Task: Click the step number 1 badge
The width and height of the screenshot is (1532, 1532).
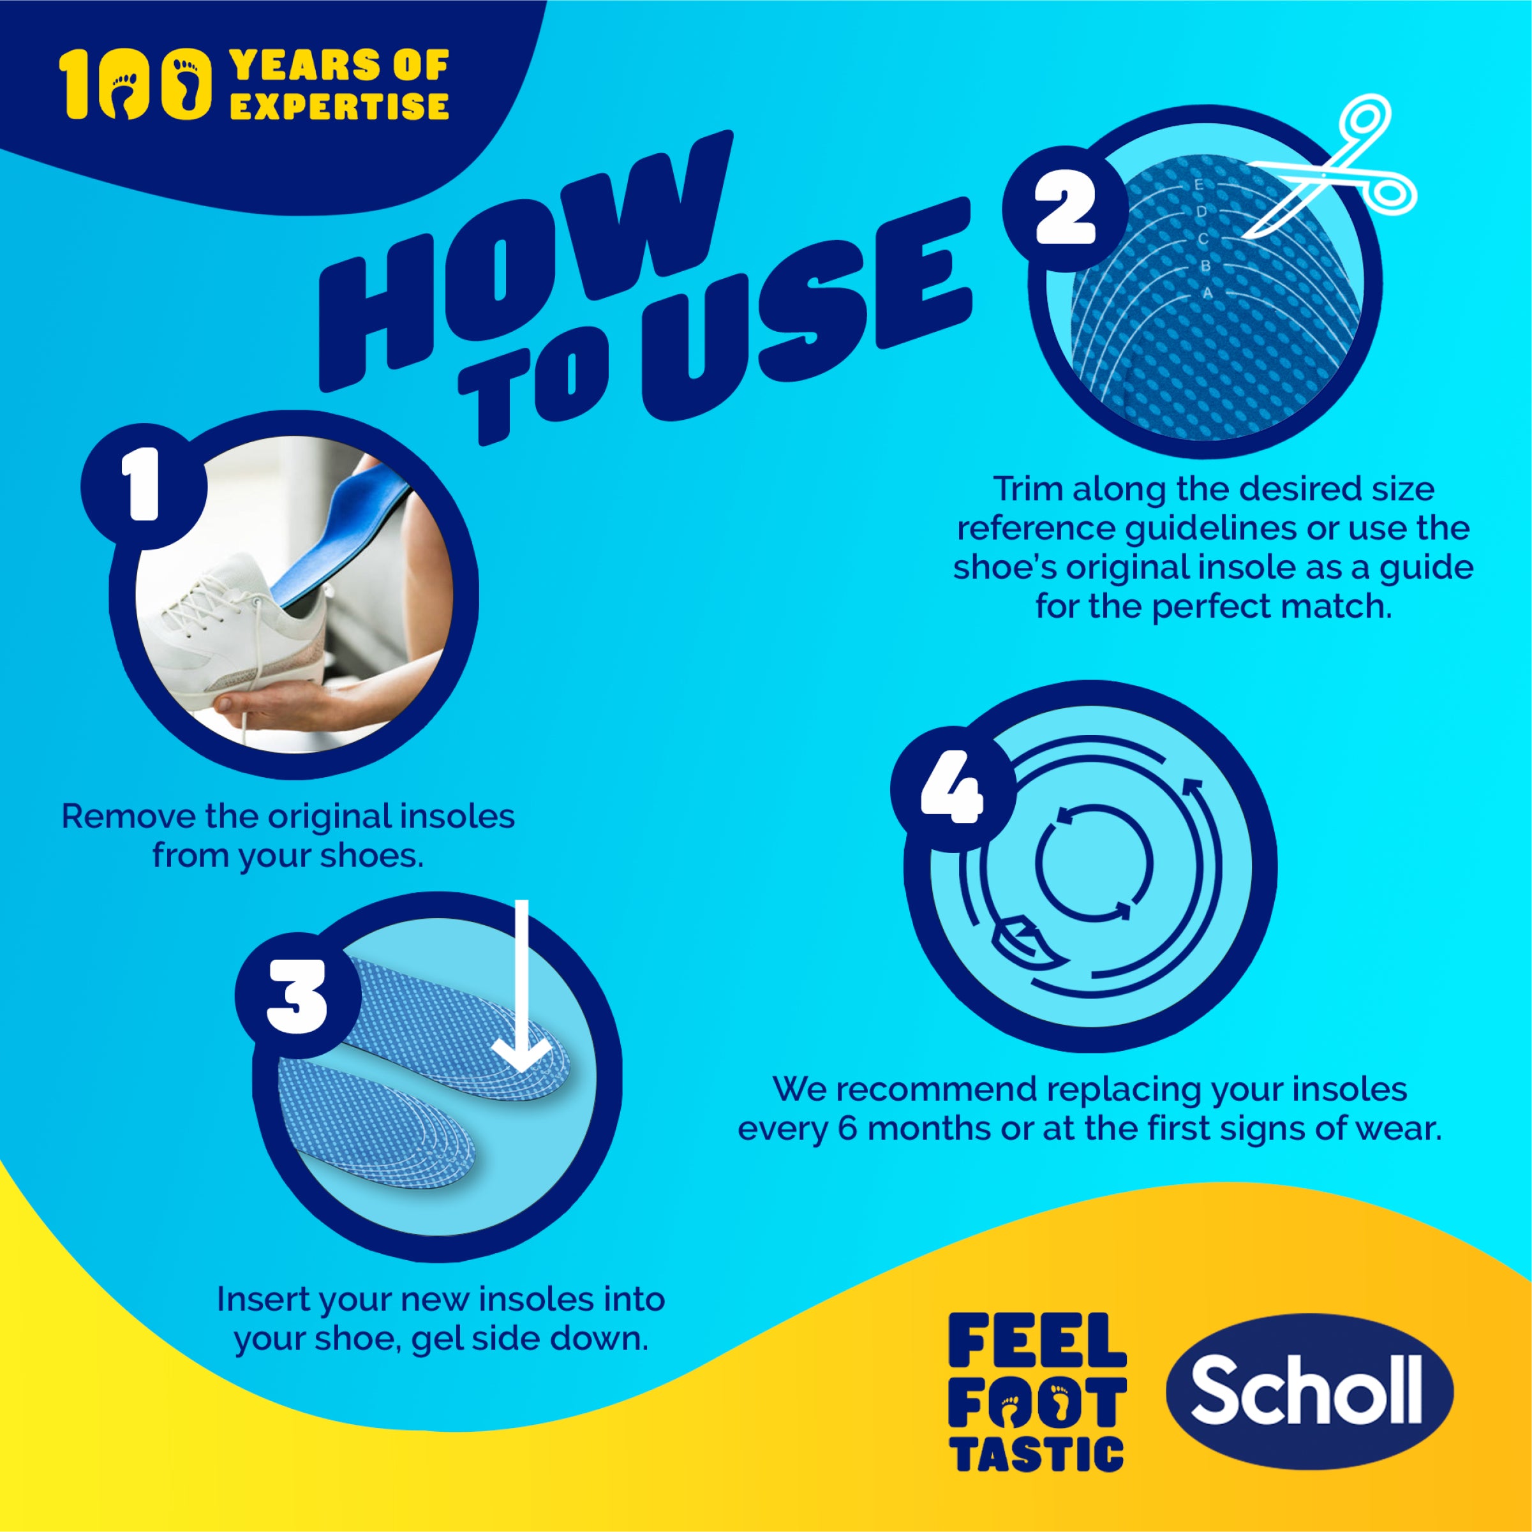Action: point(144,486)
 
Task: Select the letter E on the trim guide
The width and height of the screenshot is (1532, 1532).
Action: point(1199,185)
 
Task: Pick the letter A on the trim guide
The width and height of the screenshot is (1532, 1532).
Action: point(1208,293)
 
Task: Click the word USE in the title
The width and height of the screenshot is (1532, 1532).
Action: point(801,317)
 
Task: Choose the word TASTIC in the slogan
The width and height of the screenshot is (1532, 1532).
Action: point(1038,1454)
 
